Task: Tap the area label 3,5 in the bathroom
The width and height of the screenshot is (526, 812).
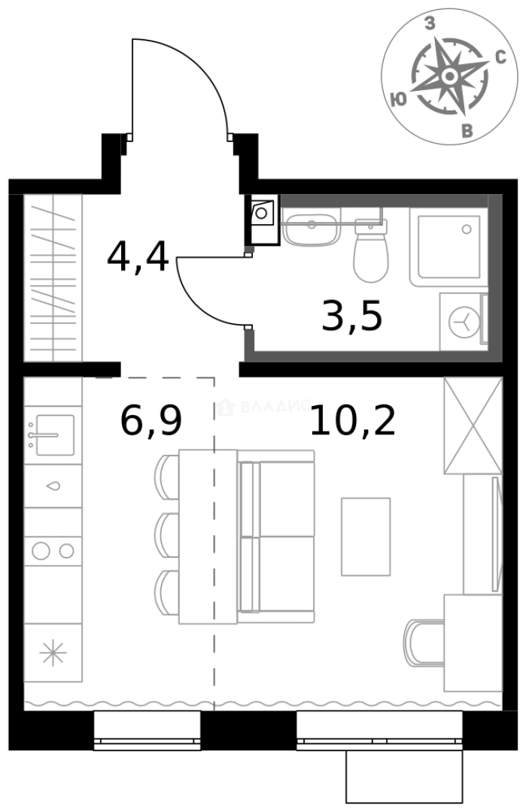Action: [x=351, y=317]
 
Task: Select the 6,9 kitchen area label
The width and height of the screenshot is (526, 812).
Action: [x=151, y=420]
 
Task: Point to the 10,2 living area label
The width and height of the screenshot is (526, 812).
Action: [x=352, y=421]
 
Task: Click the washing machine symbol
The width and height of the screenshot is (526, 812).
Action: [x=463, y=323]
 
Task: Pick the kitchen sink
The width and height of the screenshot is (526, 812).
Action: [x=53, y=435]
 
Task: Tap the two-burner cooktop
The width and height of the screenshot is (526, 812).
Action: [x=53, y=550]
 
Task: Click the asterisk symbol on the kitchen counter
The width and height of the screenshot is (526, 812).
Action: [x=53, y=653]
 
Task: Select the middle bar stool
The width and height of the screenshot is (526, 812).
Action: [x=167, y=535]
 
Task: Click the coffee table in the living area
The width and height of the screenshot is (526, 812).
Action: [x=366, y=536]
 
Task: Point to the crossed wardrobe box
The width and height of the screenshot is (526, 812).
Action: [x=473, y=426]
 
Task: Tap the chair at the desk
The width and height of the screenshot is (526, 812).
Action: [x=424, y=641]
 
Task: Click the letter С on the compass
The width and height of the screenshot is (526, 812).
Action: [x=499, y=59]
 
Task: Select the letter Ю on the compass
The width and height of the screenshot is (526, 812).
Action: [x=400, y=98]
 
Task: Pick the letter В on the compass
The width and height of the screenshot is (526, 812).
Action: [x=467, y=132]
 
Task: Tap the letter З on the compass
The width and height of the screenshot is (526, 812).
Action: [x=430, y=25]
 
